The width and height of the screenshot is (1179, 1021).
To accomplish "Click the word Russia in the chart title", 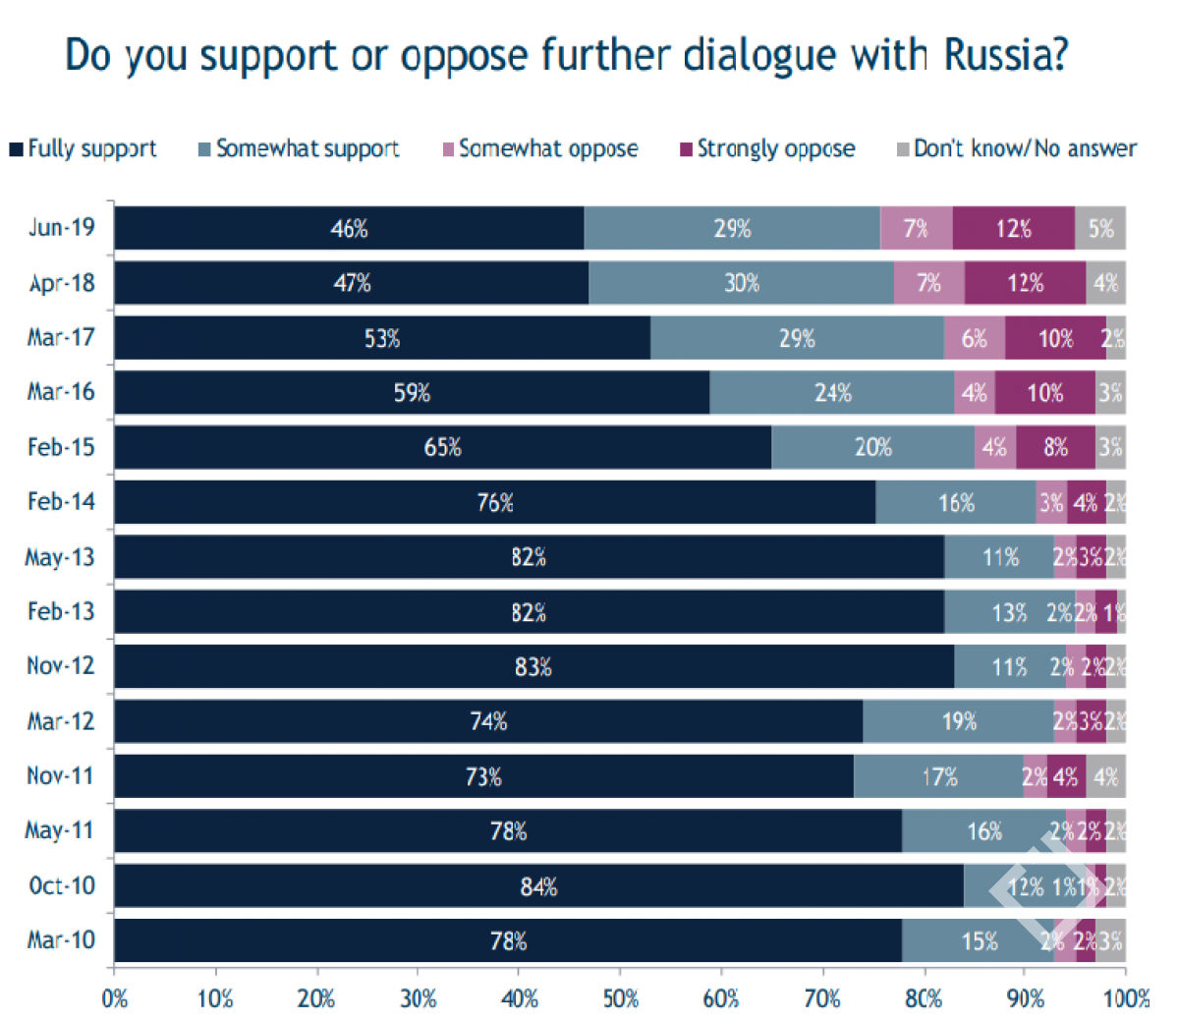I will tap(1005, 55).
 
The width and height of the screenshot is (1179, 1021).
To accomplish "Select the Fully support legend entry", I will tap(83, 148).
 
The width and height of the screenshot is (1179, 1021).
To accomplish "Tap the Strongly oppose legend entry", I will tap(767, 148).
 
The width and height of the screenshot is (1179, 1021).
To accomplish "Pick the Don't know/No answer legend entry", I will tap(1016, 148).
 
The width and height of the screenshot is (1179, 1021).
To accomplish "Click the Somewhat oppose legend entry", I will tap(539, 148).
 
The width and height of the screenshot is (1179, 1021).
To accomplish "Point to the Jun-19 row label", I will tap(61, 228).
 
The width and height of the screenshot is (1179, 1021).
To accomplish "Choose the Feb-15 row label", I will tap(61, 447).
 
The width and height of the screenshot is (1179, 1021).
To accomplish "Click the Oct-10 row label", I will tap(61, 885).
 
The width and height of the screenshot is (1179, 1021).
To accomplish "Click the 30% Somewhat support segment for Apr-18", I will tap(741, 283).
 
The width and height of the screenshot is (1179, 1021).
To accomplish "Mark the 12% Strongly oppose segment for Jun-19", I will tap(1013, 228).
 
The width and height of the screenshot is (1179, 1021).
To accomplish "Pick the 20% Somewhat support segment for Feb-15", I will tap(872, 447).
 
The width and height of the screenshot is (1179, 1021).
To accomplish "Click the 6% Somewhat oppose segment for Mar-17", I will tap(974, 338).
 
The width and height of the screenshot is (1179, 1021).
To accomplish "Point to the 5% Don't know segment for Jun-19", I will tap(1100, 228).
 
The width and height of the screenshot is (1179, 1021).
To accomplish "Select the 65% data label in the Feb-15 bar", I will tap(442, 447).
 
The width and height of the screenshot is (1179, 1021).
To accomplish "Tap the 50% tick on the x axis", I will tap(620, 998).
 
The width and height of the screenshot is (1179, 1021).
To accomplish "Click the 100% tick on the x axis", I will tap(1126, 998).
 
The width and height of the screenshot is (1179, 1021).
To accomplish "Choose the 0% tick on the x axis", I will tap(115, 998).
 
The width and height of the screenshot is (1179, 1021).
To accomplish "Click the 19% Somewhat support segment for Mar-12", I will tap(958, 721).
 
